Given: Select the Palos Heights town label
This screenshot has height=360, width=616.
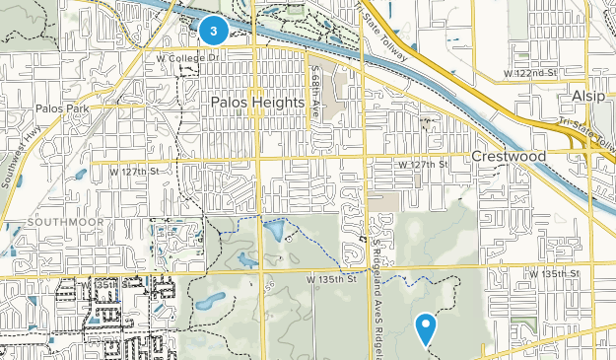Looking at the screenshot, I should [258, 101].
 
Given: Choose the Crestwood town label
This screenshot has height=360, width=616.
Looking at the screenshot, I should [508, 157].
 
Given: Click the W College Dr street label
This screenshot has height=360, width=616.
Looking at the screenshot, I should [185, 57].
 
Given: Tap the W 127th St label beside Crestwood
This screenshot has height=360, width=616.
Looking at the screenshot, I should [424, 164].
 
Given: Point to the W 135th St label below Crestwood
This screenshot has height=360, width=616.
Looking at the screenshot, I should [552, 272].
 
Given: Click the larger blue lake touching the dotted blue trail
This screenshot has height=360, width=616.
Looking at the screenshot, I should [276, 233].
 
